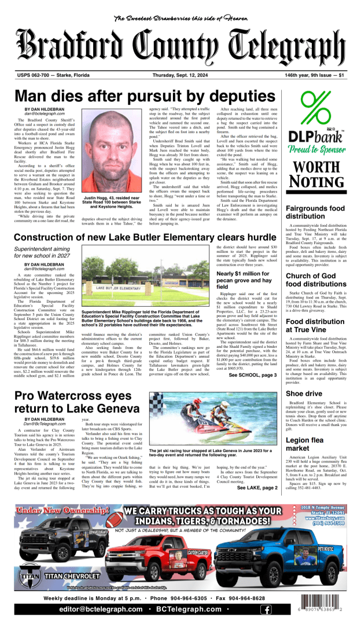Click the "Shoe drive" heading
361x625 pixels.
303,394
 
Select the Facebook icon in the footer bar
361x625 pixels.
266,609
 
